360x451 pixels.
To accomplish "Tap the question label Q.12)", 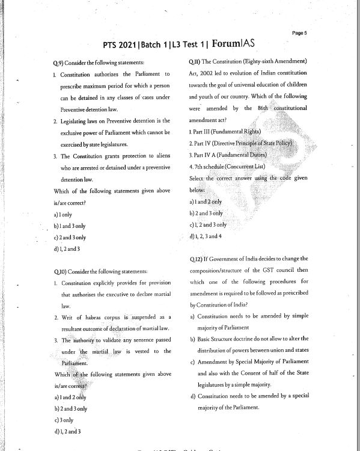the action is tap(196, 259).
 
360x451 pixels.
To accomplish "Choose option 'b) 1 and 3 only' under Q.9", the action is tap(69, 226).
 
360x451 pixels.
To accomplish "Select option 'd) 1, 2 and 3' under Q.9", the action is tap(67, 248).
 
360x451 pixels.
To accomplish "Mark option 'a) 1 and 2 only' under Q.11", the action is tap(205, 202).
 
